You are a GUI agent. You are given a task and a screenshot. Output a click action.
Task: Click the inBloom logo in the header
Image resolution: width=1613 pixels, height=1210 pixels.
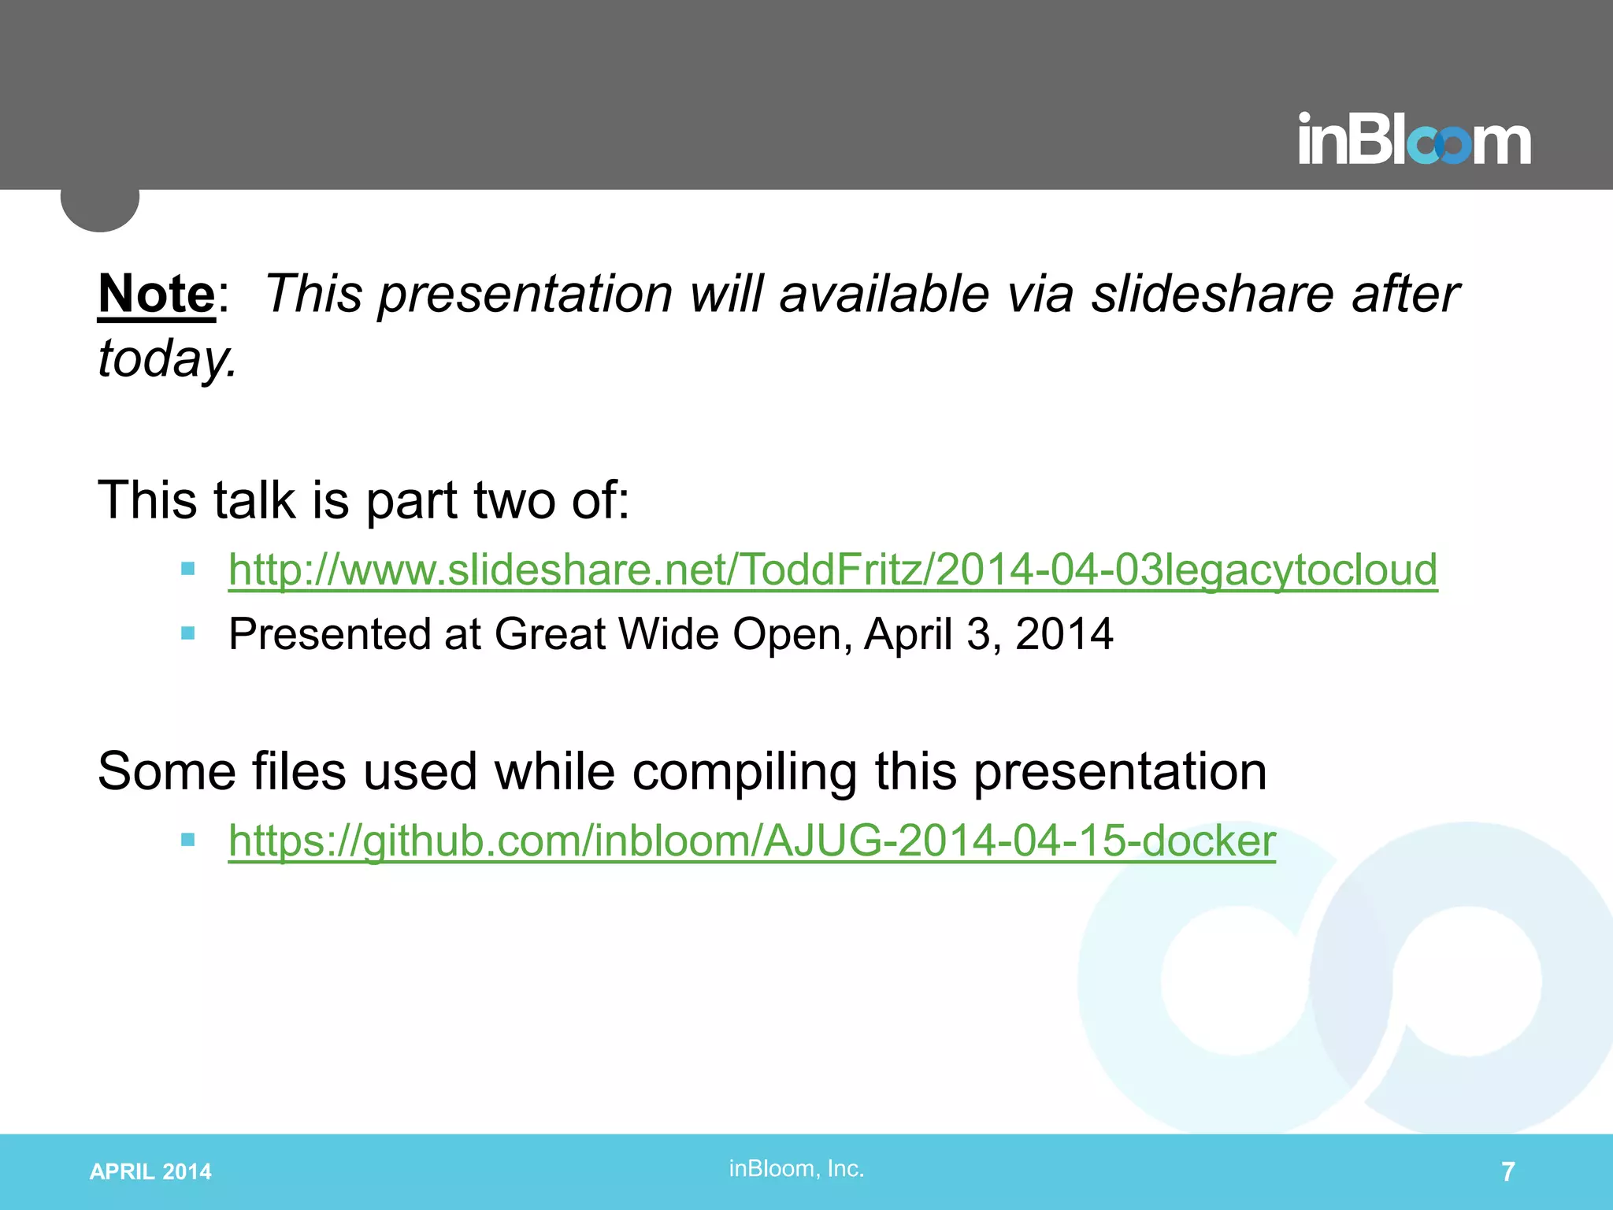1414,140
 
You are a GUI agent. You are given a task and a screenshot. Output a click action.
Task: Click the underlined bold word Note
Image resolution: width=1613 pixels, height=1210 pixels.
156,295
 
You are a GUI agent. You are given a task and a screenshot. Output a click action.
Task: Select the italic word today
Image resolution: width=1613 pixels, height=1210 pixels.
165,358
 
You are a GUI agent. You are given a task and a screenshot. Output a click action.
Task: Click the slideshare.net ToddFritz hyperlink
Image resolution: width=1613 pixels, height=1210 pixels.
832,570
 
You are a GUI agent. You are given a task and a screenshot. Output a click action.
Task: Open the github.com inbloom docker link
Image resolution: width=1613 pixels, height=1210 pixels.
751,841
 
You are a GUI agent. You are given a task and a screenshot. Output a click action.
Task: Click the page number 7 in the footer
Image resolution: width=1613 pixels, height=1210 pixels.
1507,1172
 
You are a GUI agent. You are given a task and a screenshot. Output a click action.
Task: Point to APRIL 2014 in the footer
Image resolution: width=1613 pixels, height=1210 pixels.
150,1172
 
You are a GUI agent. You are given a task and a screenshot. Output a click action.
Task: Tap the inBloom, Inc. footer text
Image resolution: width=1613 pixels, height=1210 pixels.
796,1169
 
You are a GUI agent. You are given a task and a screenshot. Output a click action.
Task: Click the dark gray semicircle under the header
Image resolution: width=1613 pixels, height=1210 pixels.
100,210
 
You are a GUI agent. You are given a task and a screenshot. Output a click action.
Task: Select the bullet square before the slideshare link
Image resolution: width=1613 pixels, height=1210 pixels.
187,569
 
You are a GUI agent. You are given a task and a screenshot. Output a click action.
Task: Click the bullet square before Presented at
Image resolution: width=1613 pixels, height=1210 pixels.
187,633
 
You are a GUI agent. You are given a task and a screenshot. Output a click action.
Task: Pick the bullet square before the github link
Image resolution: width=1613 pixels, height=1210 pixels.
187,840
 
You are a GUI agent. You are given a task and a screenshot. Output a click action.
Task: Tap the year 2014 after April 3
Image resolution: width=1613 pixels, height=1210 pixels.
1064,634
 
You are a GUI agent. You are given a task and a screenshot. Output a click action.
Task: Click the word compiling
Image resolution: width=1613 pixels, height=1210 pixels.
744,771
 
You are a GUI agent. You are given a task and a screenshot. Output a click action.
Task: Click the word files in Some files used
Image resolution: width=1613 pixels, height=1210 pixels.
298,771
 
